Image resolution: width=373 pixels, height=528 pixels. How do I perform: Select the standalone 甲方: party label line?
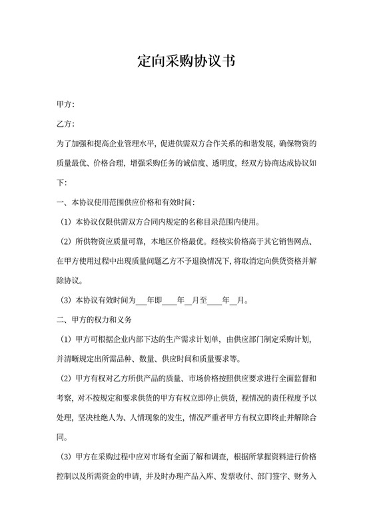(65, 105)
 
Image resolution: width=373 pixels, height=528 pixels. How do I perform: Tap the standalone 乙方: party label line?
(65, 125)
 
